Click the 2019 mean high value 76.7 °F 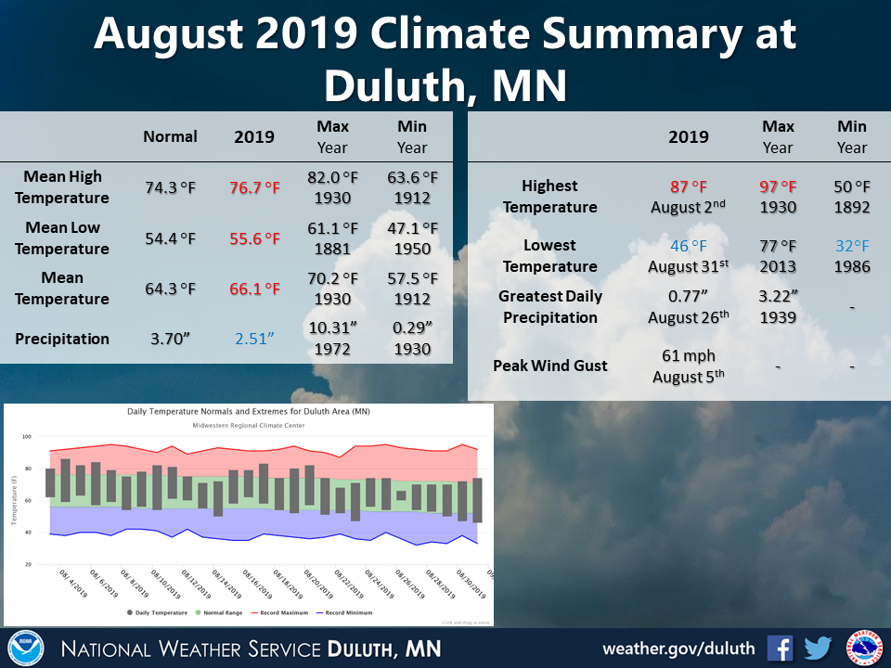[x=254, y=187]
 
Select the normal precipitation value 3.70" [x=170, y=339]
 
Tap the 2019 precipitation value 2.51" [x=254, y=339]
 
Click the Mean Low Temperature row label [x=62, y=238]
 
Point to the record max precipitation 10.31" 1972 [x=332, y=339]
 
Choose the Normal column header [x=170, y=136]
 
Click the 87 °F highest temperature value [x=689, y=186]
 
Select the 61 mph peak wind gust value [x=689, y=355]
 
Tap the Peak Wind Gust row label [x=550, y=366]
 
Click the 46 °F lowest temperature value [x=689, y=246]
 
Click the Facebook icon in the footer [x=780, y=648]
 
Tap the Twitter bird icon [x=818, y=648]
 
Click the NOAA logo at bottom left [x=26, y=648]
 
